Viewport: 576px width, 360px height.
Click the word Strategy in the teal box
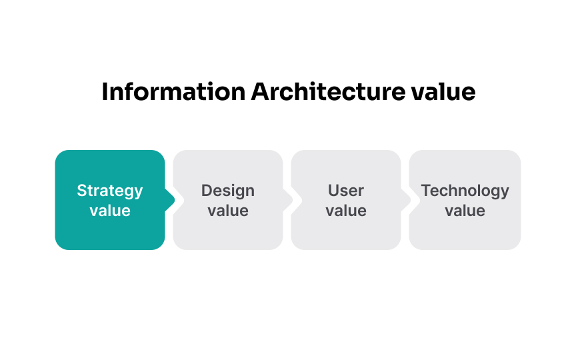click(x=110, y=191)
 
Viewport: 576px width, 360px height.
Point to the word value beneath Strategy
click(x=110, y=211)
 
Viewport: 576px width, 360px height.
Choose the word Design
click(x=228, y=191)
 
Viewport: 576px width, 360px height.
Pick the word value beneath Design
click(x=228, y=211)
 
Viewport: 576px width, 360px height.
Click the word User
click(x=346, y=191)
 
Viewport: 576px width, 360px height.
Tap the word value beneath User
click(x=346, y=211)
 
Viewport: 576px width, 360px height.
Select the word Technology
click(x=465, y=191)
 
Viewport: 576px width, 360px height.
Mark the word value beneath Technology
click(x=465, y=211)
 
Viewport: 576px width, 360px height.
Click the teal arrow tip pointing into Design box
click(x=170, y=200)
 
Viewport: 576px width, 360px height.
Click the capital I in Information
click(x=105, y=92)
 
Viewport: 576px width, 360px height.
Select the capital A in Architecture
click(x=259, y=92)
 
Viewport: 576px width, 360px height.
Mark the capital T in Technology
click(x=426, y=191)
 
